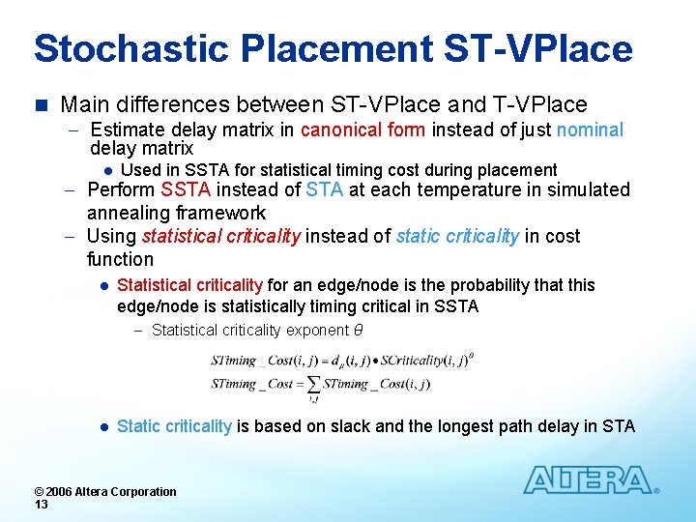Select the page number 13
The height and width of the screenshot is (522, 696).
(x=41, y=505)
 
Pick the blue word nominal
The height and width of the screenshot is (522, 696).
(x=590, y=130)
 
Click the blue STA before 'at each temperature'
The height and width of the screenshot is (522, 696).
(x=324, y=189)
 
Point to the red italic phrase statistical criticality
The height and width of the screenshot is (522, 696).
(x=221, y=236)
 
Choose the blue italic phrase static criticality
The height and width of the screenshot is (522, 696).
(x=457, y=236)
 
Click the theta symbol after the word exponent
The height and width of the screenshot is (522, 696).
(x=358, y=331)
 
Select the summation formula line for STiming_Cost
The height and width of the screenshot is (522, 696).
(x=320, y=385)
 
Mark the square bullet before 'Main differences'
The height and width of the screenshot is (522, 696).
(x=40, y=104)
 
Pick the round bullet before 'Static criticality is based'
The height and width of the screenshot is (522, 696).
(x=101, y=426)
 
